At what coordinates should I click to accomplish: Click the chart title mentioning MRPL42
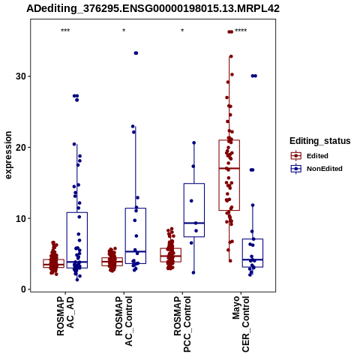tap(153, 8)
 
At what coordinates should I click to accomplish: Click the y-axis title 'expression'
tap(8, 155)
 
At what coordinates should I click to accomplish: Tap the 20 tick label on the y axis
tap(21, 147)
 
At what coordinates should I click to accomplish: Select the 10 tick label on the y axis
tap(21, 218)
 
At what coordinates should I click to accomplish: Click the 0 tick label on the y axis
tap(24, 289)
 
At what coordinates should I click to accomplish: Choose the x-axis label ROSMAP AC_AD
tap(65, 316)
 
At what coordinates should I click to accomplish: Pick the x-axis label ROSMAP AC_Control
tap(124, 321)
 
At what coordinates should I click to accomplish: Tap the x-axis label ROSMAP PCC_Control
tap(182, 324)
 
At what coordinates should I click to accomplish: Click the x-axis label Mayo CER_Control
tap(241, 324)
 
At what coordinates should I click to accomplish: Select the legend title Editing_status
tap(320, 141)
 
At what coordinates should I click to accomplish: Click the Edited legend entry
tap(310, 156)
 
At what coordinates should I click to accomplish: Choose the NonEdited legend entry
tap(316, 169)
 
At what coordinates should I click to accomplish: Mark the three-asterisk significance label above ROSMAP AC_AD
tap(65, 31)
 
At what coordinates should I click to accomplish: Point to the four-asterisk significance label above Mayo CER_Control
tap(241, 31)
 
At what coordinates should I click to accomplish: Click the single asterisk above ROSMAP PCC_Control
tap(182, 31)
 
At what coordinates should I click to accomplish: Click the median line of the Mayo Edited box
tap(229, 168)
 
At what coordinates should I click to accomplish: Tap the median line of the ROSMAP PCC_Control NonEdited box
tap(194, 223)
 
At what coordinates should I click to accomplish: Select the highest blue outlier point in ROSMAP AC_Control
tap(136, 53)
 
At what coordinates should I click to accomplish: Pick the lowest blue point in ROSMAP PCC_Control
tap(193, 272)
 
